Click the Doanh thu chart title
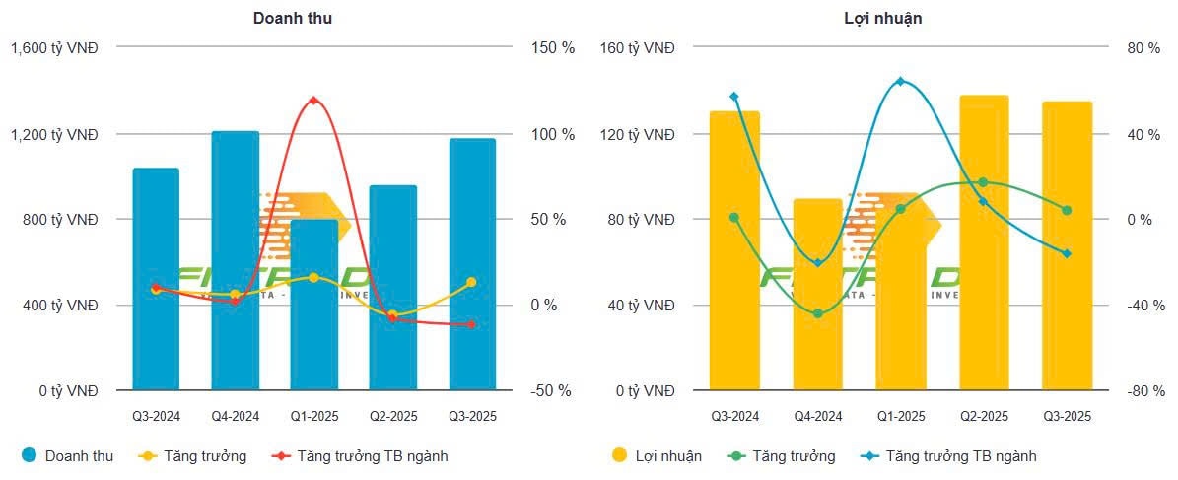pos(292,19)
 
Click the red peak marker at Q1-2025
pos(313,101)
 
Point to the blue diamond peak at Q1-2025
pos(900,81)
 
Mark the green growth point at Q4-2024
pos(817,313)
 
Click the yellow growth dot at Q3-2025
pos(471,282)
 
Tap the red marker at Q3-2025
pos(471,324)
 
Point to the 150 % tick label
pos(554,48)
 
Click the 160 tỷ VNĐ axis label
pos(638,48)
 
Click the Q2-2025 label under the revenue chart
pos(393,417)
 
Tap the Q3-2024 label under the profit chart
pos(735,417)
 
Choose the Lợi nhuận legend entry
pos(658,456)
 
